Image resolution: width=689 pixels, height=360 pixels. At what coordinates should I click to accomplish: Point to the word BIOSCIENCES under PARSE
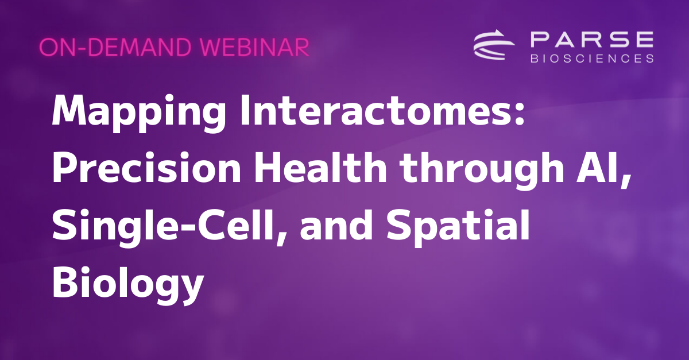(x=591, y=58)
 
